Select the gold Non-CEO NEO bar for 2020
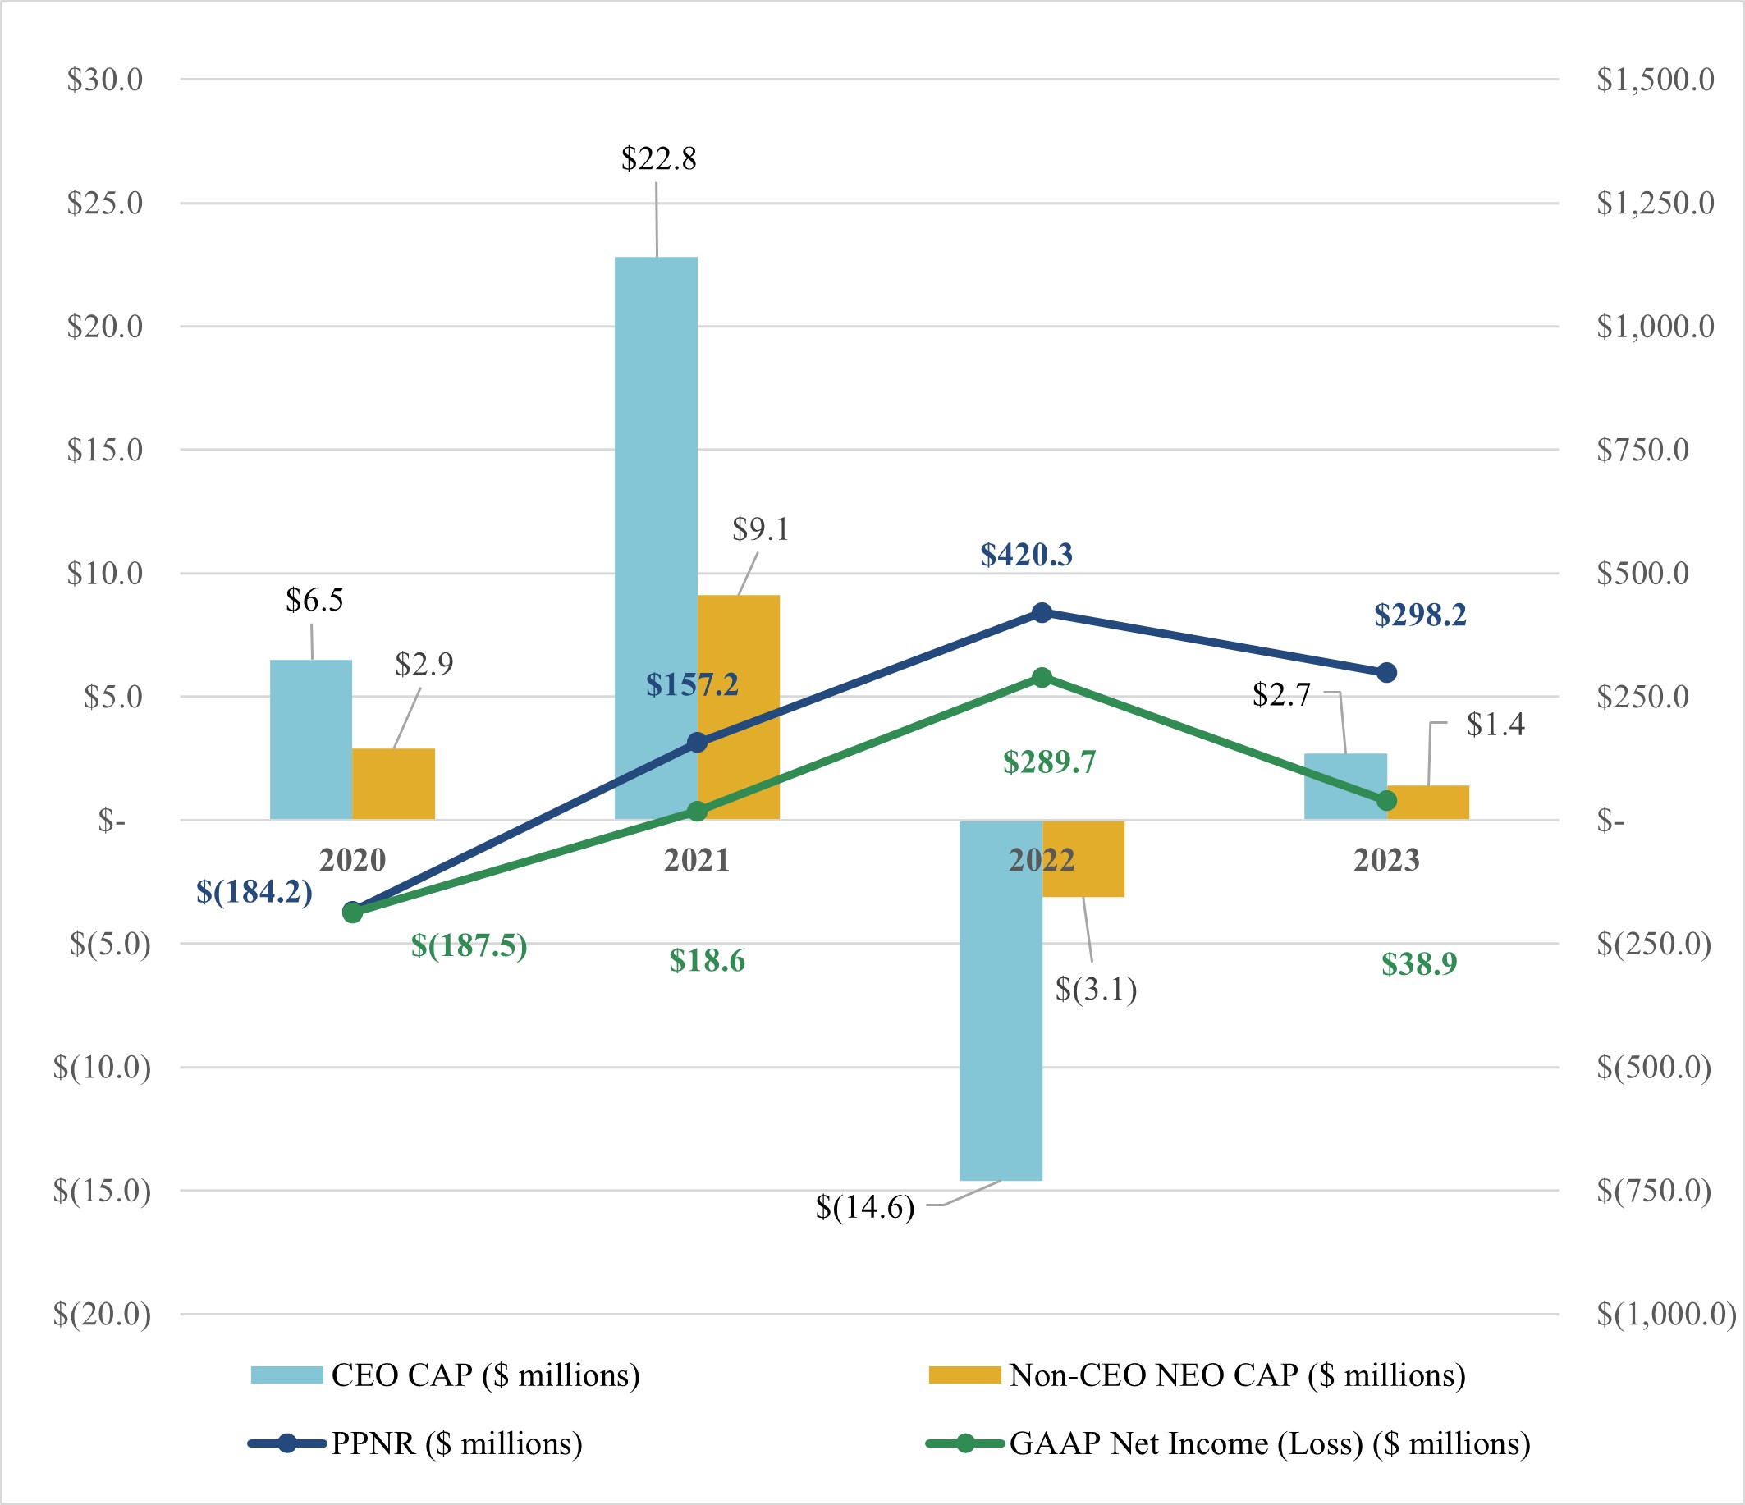coord(393,783)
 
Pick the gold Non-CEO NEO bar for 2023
coord(1429,803)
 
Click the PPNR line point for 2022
coord(1042,612)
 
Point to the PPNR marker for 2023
coord(1387,672)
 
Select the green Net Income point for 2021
coord(698,811)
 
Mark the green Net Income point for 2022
coord(1042,677)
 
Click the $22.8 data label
coord(658,158)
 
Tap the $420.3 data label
coord(1026,554)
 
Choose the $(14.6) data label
coord(865,1207)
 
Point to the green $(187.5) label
coord(469,945)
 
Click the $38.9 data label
coord(1419,963)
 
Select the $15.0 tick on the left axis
coord(105,450)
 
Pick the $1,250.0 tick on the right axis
coord(1655,203)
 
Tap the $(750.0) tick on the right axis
coord(1654,1190)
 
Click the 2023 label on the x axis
coord(1387,860)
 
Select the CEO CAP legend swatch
coord(287,1375)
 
